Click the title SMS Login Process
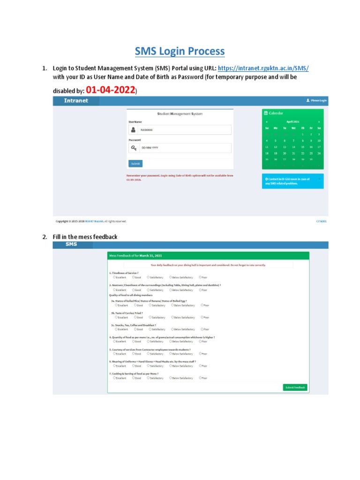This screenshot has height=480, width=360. point(180,51)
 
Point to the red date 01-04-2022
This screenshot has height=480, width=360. point(111,89)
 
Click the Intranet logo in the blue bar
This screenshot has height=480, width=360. point(69,100)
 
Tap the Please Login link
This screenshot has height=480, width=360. point(316,100)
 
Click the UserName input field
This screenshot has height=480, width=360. point(186,130)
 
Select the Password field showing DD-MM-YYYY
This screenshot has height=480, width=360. point(186,148)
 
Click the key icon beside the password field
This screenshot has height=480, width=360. point(134,148)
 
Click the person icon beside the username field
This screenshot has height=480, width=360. point(134,130)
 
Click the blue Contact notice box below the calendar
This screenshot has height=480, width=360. point(292,181)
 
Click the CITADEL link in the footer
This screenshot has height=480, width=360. point(321,221)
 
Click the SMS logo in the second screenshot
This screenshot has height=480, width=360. point(71,245)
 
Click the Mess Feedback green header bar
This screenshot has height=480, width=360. point(208,256)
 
